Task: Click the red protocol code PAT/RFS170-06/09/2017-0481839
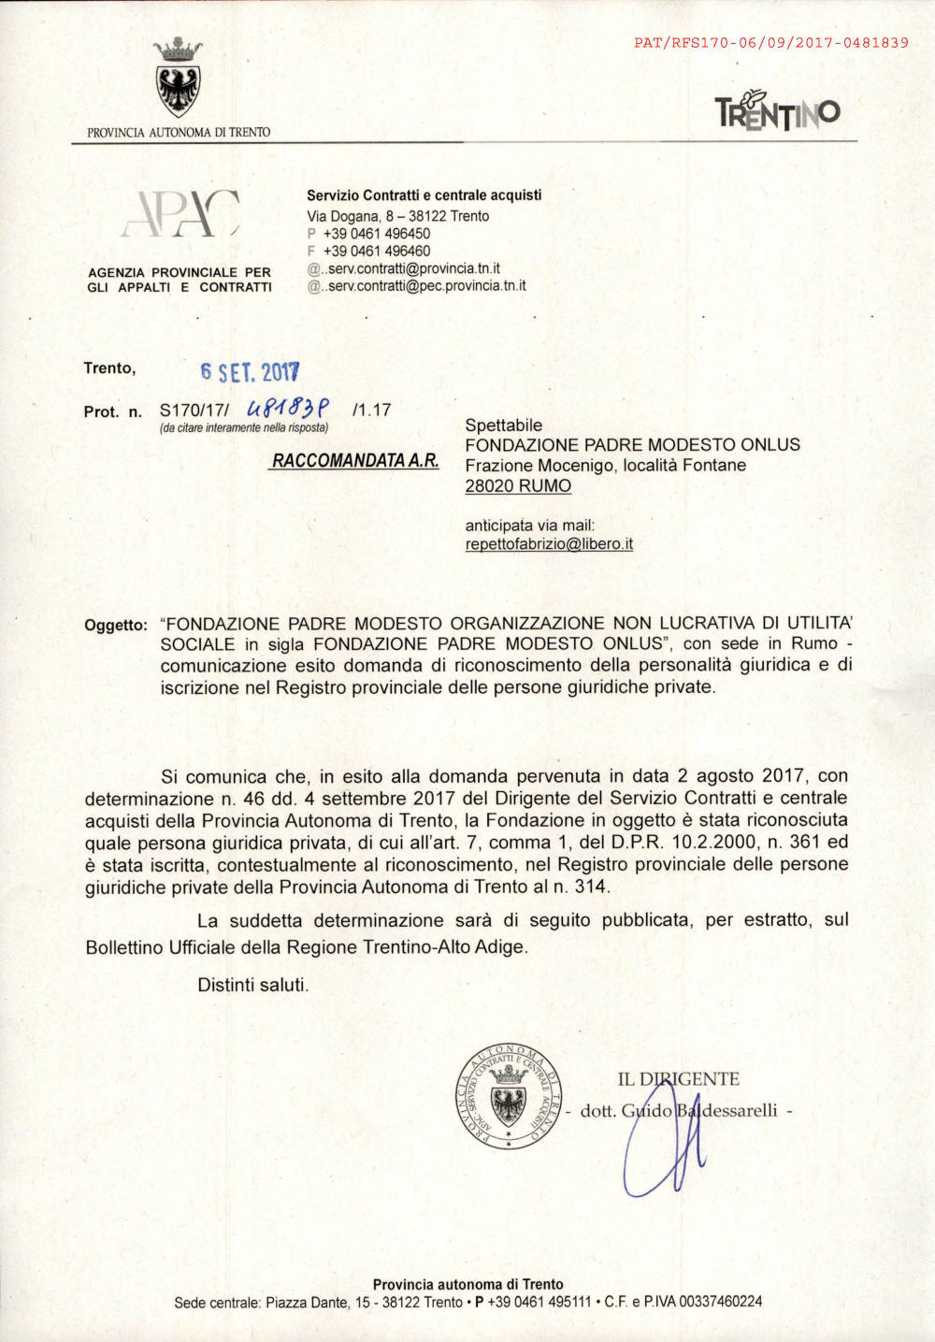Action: tap(770, 42)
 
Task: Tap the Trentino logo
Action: tap(777, 111)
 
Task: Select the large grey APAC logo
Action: tap(180, 215)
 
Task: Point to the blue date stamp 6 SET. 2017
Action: tap(250, 372)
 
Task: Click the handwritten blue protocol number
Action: tap(287, 409)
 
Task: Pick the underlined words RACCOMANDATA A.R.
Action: tap(355, 461)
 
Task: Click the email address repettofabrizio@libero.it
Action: tap(549, 543)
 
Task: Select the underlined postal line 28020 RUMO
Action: tap(518, 485)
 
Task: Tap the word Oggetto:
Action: tap(116, 625)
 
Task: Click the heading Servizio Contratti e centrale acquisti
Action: tap(424, 195)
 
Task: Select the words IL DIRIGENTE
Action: tap(678, 1079)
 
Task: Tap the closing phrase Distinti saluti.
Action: tap(252, 985)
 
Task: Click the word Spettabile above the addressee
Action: tap(503, 426)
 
